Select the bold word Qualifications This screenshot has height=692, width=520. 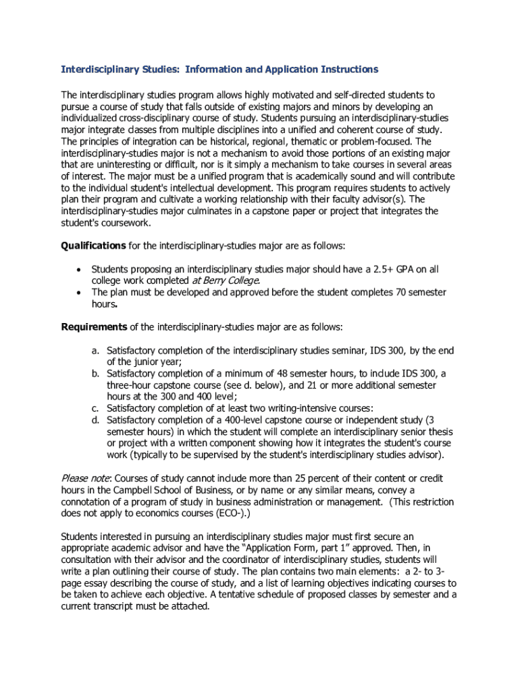pyautogui.click(x=93, y=245)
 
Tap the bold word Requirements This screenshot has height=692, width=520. pyautogui.click(x=94, y=327)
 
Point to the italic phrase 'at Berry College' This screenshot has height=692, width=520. pyautogui.click(x=226, y=280)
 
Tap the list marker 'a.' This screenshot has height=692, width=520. pyautogui.click(x=97, y=351)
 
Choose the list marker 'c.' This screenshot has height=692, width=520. pyautogui.click(x=97, y=407)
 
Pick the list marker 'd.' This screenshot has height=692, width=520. pyautogui.click(x=97, y=420)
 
